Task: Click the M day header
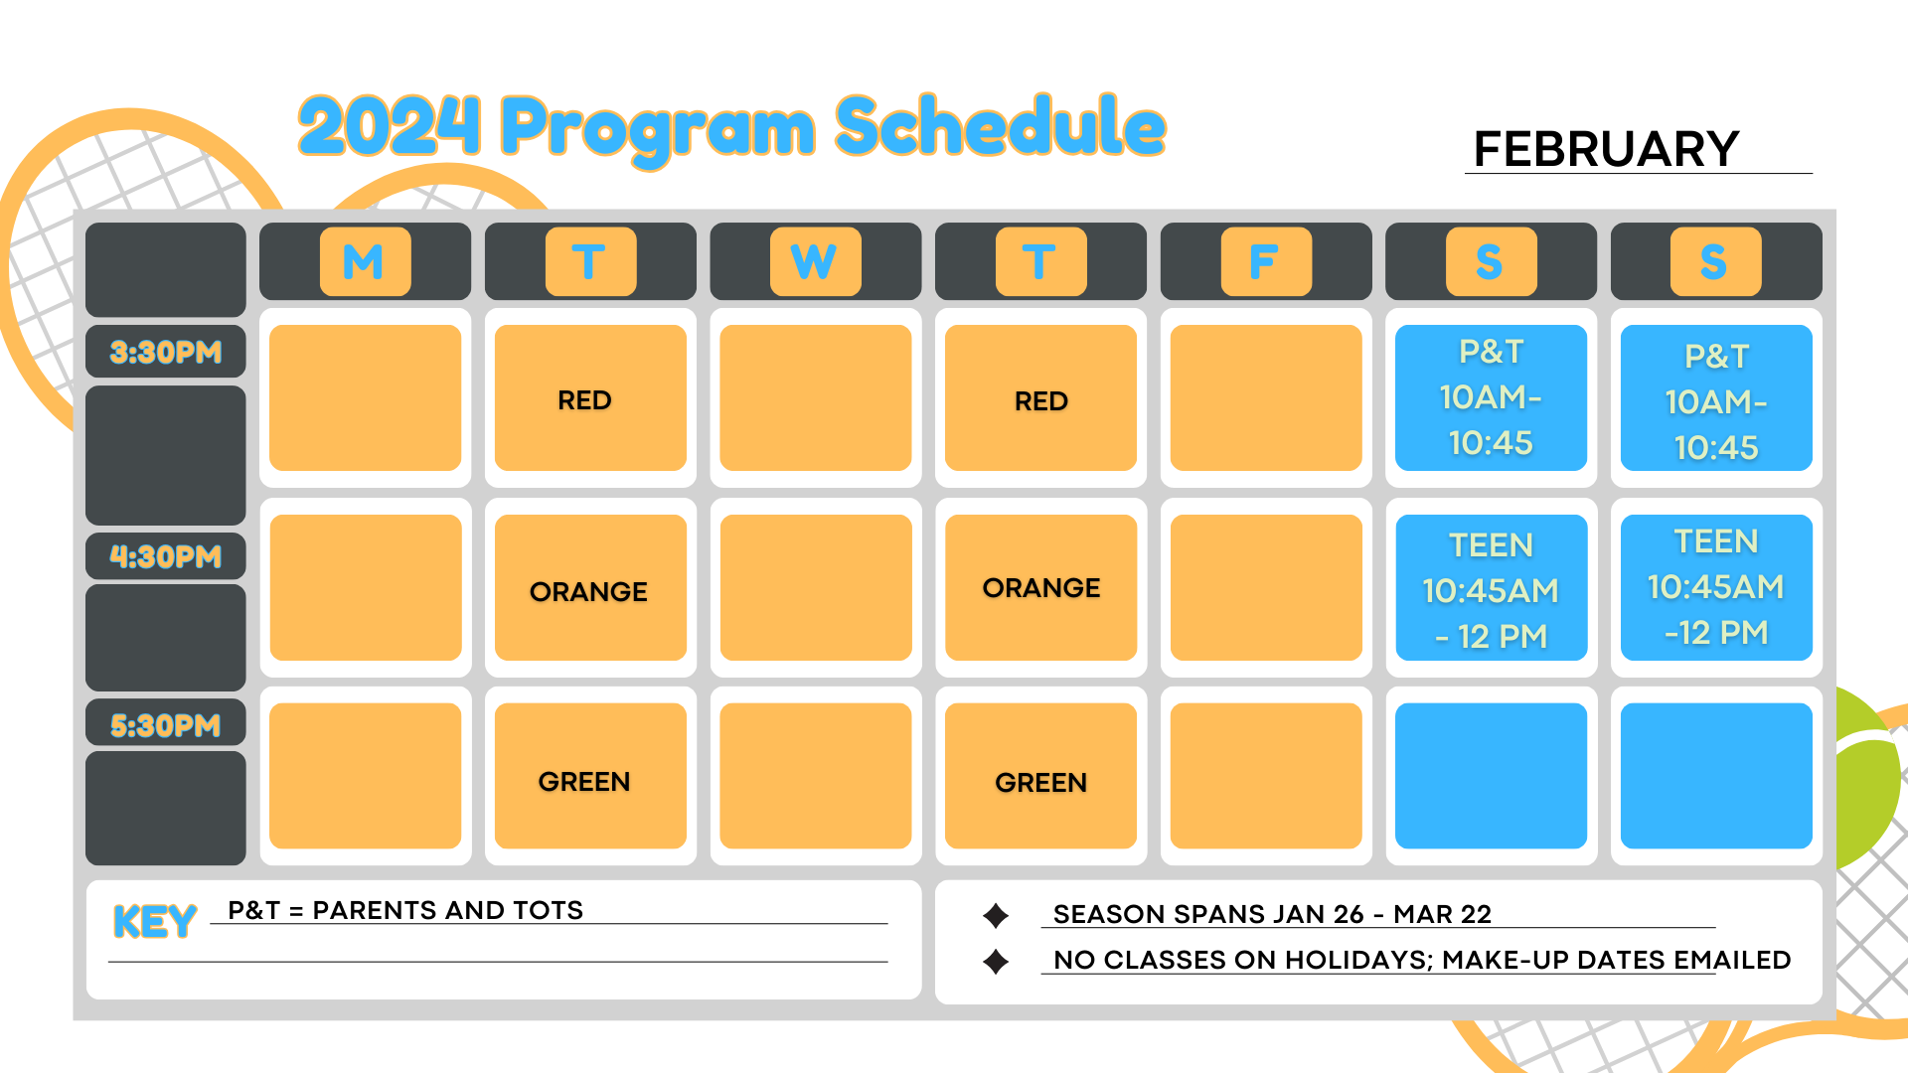click(365, 261)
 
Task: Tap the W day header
click(815, 261)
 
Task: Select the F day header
click(1266, 261)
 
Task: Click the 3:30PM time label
click(166, 352)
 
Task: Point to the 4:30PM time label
click(166, 556)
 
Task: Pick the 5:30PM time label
click(166, 725)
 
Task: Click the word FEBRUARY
click(1606, 149)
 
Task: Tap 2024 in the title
click(390, 126)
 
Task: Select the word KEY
click(155, 922)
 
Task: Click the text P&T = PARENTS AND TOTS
click(405, 910)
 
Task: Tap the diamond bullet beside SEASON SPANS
click(996, 915)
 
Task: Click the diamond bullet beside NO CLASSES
click(996, 962)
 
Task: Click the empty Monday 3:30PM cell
click(365, 397)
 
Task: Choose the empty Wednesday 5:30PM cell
click(815, 776)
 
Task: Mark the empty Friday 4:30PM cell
click(1266, 587)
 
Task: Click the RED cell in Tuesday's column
click(590, 397)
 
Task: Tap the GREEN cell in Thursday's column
click(1040, 776)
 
